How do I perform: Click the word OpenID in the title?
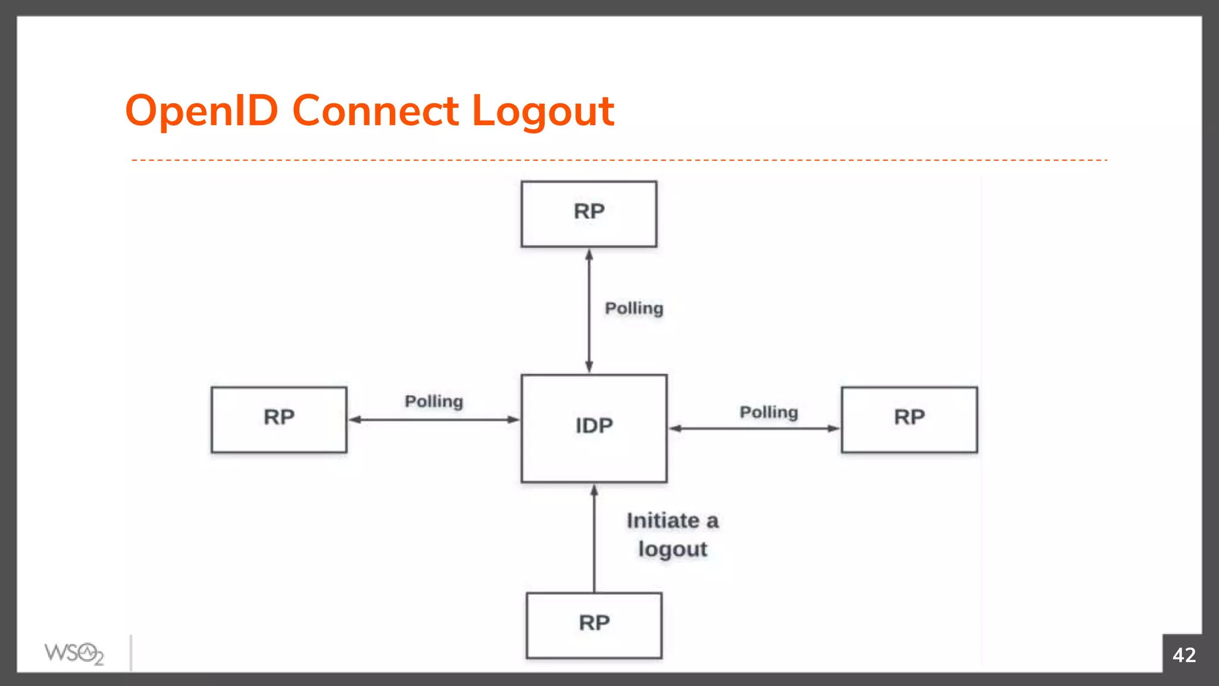point(201,111)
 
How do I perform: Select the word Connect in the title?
point(375,111)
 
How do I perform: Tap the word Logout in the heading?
point(542,111)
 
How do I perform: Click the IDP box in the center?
point(593,428)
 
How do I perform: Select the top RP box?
point(589,213)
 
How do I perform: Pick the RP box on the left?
point(279,419)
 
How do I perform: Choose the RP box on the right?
point(909,419)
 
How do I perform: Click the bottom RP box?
point(593,625)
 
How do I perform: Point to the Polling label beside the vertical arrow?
point(634,308)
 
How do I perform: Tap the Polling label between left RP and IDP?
point(433,401)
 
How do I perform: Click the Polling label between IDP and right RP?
point(768,412)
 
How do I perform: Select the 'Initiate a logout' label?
point(673,535)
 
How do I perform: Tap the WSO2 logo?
point(74,654)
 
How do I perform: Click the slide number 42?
point(1183,655)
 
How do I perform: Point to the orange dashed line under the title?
point(619,160)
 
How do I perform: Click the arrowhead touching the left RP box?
point(355,420)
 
